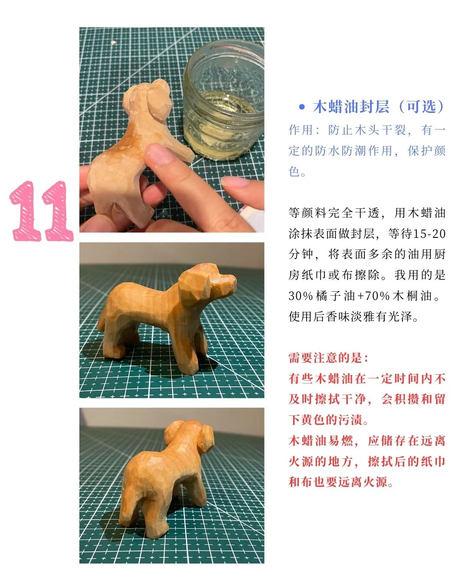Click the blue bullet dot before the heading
[302, 107]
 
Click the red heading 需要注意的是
[328, 358]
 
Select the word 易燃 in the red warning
[341, 441]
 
